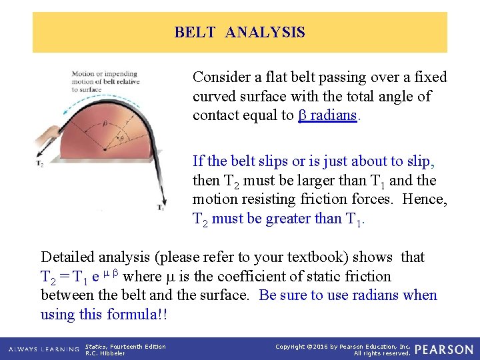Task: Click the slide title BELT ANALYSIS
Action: pyautogui.click(x=239, y=32)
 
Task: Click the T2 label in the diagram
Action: pyautogui.click(x=41, y=163)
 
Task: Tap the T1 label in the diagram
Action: pyautogui.click(x=161, y=208)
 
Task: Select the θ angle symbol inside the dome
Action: pyautogui.click(x=121, y=139)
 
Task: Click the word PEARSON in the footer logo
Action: pyautogui.click(x=445, y=349)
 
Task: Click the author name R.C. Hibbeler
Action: pyautogui.click(x=105, y=353)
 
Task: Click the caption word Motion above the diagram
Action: pyautogui.click(x=83, y=74)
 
